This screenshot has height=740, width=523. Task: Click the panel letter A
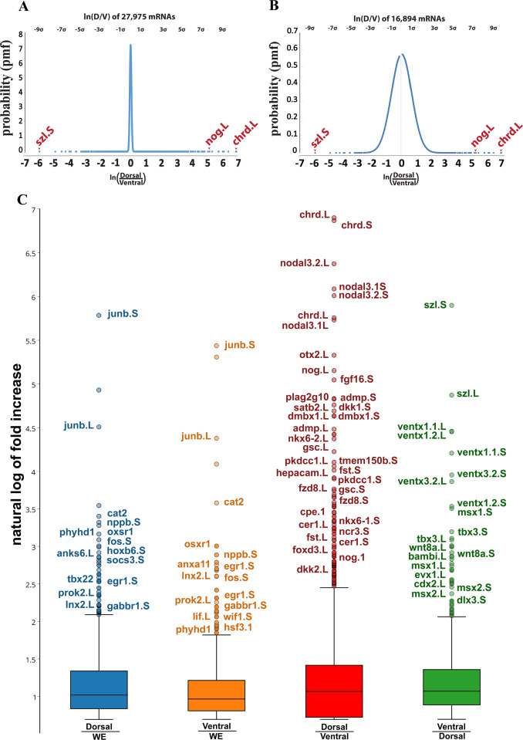pos(23,8)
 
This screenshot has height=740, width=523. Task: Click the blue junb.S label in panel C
pos(123,314)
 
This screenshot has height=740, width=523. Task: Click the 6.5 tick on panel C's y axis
pos(30,253)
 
